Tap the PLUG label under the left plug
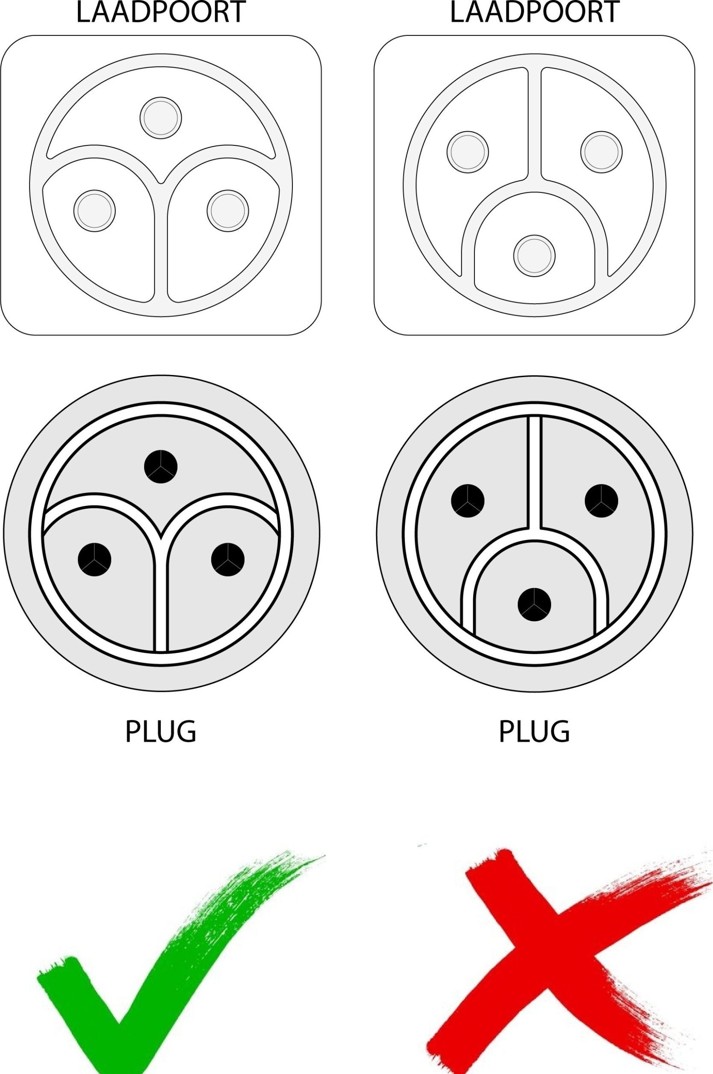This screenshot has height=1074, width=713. coord(161,732)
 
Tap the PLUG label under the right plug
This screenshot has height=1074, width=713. coord(534,732)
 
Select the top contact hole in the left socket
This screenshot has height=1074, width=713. coord(161,118)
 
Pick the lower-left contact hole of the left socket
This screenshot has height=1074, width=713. coord(94,210)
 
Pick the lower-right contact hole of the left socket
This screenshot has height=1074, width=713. coord(228,210)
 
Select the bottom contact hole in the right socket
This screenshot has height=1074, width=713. coord(534,256)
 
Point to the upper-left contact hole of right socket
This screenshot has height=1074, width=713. coord(468,152)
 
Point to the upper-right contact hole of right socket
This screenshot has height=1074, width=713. coord(601,152)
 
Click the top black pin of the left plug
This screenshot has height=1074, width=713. coord(161,466)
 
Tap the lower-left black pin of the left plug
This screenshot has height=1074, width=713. coord(94,559)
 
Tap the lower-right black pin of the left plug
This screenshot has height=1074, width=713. coord(228,559)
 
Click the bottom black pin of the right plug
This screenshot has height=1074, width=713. coord(534,605)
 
